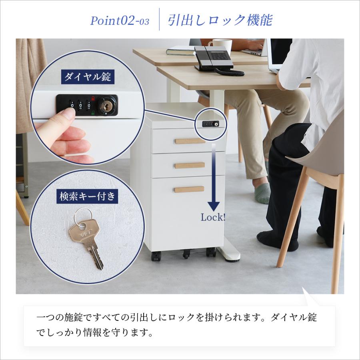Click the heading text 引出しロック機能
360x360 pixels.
pyautogui.click(x=220, y=20)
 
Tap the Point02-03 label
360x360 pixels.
pyautogui.click(x=120, y=21)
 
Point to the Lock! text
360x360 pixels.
pyautogui.click(x=213, y=218)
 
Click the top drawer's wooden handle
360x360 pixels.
pyautogui.click(x=190, y=141)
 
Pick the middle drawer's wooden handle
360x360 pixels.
pyautogui.click(x=190, y=165)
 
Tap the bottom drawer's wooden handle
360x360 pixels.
pyautogui.click(x=189, y=189)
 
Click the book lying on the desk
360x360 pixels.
pyautogui.click(x=180, y=51)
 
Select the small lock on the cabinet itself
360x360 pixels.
pyautogui.click(x=210, y=124)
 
